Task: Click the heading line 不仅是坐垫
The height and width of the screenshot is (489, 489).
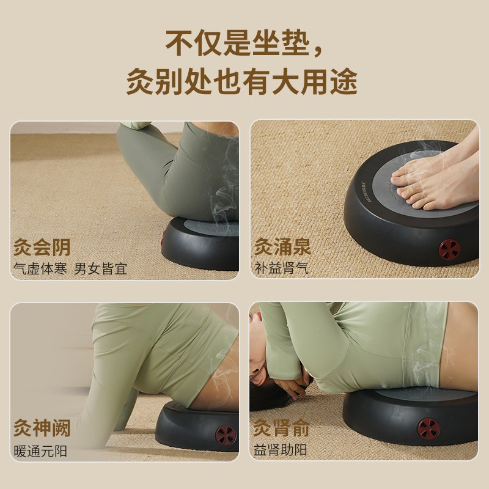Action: pyautogui.click(x=238, y=43)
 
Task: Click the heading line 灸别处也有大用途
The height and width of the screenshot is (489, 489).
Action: pyautogui.click(x=241, y=81)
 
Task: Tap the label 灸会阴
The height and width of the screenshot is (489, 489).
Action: pyautogui.click(x=42, y=248)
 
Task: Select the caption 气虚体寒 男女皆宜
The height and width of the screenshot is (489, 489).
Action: pyautogui.click(x=70, y=269)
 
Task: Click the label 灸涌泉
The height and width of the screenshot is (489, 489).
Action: pyautogui.click(x=282, y=246)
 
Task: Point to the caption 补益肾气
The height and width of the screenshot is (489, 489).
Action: pyautogui.click(x=282, y=268)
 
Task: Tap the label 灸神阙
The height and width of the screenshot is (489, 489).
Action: pyautogui.click(x=42, y=427)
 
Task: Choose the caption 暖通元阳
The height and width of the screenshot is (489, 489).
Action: pyautogui.click(x=40, y=451)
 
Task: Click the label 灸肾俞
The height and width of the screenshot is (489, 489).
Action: pyautogui.click(x=281, y=427)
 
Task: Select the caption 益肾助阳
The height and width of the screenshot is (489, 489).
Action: pyautogui.click(x=280, y=450)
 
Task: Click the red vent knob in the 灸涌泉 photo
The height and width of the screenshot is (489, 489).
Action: pyautogui.click(x=449, y=249)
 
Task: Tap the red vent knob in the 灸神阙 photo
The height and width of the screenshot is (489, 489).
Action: pyautogui.click(x=226, y=435)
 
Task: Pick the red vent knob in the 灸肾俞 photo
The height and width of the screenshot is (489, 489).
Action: pyautogui.click(x=429, y=427)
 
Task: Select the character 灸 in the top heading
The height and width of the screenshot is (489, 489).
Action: pyautogui.click(x=141, y=81)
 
